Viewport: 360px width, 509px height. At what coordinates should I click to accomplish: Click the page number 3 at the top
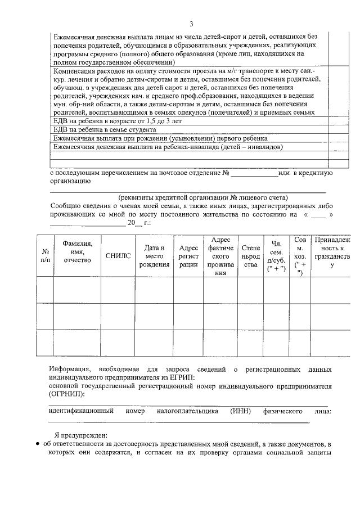click(x=191, y=24)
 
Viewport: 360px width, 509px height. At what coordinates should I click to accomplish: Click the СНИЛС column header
click(x=118, y=256)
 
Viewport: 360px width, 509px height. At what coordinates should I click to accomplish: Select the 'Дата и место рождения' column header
click(x=154, y=256)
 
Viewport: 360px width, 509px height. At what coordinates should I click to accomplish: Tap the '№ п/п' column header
click(x=46, y=256)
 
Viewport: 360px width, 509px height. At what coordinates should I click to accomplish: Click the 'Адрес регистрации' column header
click(x=188, y=256)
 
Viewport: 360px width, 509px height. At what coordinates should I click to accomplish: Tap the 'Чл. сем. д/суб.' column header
click(x=276, y=256)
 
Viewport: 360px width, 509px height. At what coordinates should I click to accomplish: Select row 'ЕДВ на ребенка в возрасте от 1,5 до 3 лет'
click(x=123, y=120)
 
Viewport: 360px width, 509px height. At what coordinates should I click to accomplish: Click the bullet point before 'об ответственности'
click(x=37, y=444)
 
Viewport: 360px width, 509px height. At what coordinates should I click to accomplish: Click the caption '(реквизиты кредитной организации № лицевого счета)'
click(x=203, y=198)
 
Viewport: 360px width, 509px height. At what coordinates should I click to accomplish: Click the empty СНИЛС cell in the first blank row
click(x=118, y=290)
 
